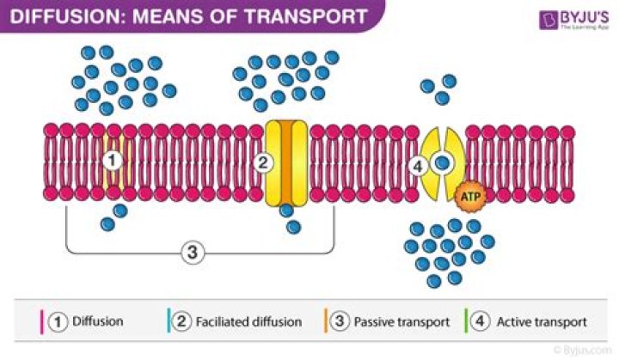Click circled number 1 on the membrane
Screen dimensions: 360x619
pyautogui.click(x=111, y=161)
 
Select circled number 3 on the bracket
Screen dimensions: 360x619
pyautogui.click(x=194, y=252)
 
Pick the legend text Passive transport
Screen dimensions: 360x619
pyautogui.click(x=403, y=322)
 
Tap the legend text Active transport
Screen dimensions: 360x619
pyautogui.click(x=543, y=322)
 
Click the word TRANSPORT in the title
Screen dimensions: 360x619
pyautogui.click(x=299, y=16)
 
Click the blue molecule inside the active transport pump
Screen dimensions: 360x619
pyautogui.click(x=442, y=162)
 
